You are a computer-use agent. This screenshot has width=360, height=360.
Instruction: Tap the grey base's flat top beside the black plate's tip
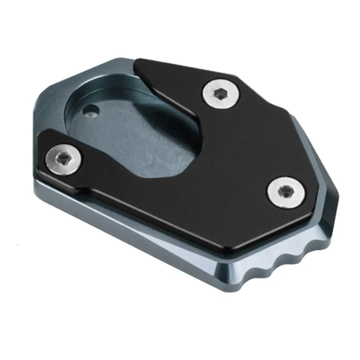pyautogui.click(x=112, y=72)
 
